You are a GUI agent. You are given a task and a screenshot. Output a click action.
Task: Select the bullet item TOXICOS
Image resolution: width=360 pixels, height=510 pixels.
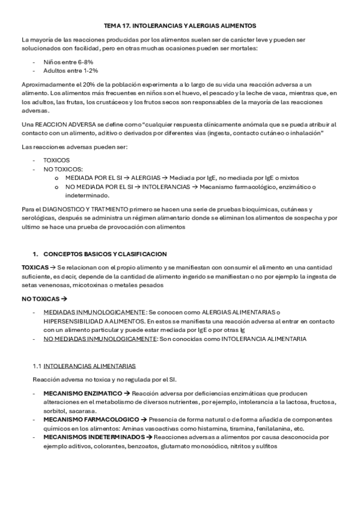[56, 161]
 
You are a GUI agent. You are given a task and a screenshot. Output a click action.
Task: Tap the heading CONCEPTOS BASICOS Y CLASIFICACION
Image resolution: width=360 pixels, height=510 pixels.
[105, 254]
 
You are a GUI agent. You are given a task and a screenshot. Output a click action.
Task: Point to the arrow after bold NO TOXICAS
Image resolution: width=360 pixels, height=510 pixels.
[65, 298]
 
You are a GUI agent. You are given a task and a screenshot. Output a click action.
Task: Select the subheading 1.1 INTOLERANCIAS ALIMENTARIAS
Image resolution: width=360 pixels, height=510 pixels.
[84, 366]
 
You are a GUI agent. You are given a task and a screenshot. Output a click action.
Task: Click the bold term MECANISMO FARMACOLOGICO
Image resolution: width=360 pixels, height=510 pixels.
[88, 420]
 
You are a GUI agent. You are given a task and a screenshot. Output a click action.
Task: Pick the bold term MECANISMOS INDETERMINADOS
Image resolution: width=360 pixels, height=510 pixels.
[90, 437]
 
